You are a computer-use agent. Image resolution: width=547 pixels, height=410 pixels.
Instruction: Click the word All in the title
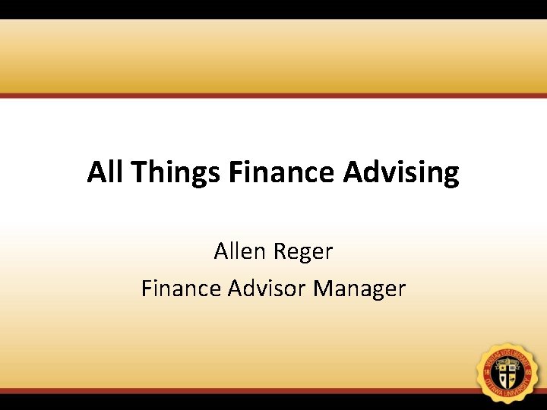click(x=106, y=172)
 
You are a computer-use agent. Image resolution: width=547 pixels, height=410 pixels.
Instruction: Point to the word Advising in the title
click(x=401, y=173)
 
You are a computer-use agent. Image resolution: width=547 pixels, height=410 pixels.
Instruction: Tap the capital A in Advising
click(x=353, y=172)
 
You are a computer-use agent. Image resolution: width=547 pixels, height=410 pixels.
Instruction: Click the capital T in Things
click(x=139, y=172)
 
